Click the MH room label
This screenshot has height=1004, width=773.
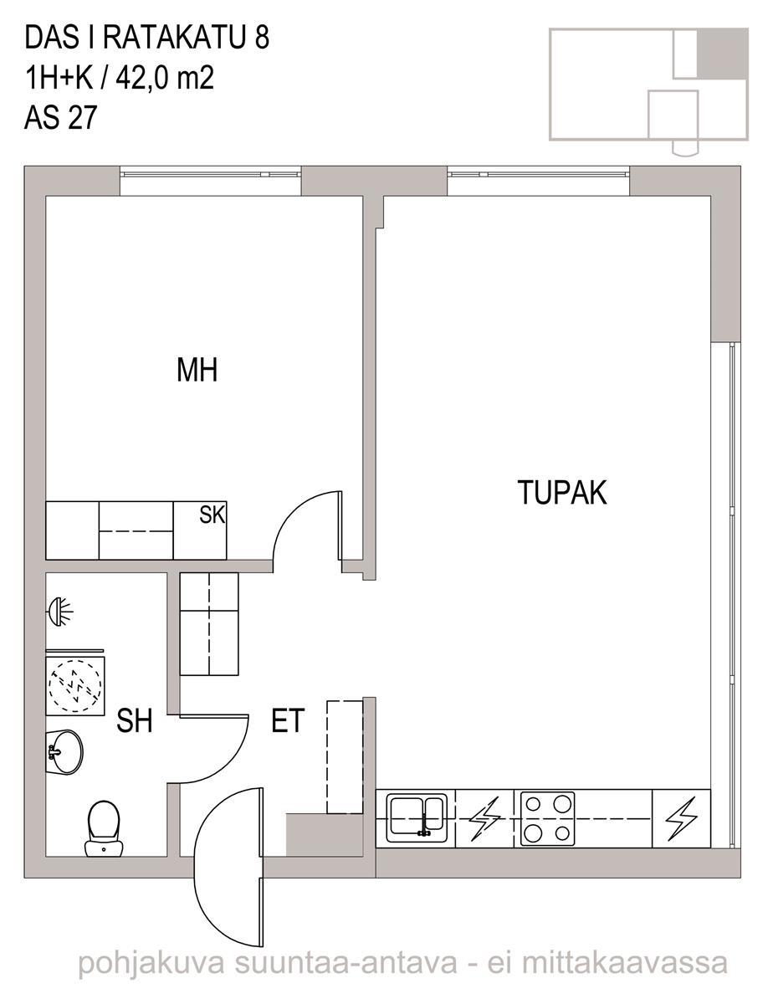click(197, 370)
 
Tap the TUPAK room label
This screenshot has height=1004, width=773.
click(562, 492)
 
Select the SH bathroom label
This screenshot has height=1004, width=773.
click(135, 720)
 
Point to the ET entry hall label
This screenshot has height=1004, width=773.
click(288, 720)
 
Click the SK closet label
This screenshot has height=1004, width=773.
click(212, 515)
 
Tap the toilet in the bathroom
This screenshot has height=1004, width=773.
click(104, 828)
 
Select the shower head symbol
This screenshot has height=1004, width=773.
click(59, 612)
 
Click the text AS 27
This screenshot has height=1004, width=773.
click(60, 117)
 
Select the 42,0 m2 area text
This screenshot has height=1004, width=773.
click(165, 78)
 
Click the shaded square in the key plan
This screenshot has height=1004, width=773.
click(722, 54)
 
